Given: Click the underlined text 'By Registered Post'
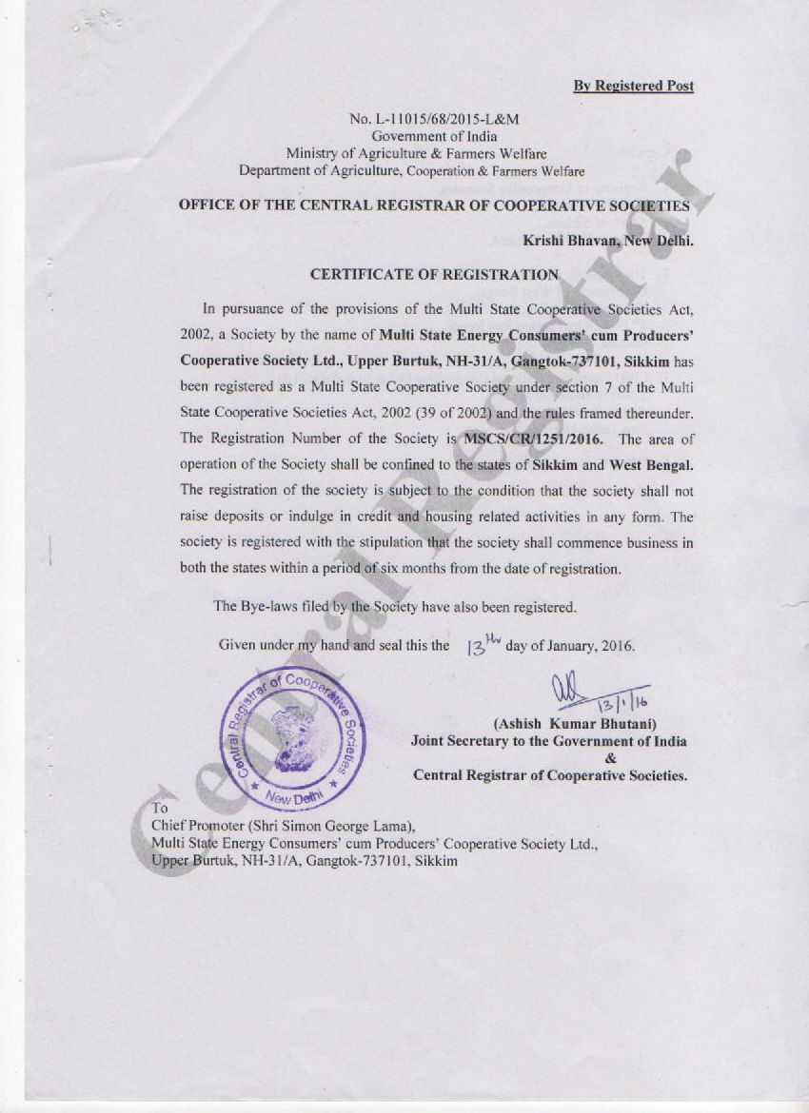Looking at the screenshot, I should pos(633,86).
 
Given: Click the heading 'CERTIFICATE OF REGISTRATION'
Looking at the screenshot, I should pos(435,274).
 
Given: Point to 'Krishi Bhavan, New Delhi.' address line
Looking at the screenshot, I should pos(608,241).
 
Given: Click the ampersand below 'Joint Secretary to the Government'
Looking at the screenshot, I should pos(609,758).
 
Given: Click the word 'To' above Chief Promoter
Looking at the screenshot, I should pos(159,809).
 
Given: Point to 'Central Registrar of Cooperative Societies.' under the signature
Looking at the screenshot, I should pos(549,775).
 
